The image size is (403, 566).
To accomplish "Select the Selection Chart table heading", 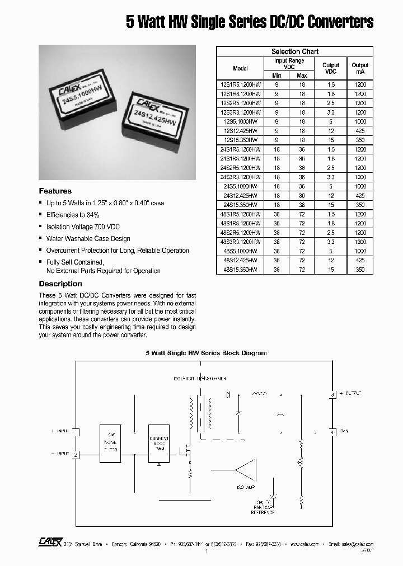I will click(295, 51).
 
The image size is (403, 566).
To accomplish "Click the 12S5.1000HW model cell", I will click(240, 121).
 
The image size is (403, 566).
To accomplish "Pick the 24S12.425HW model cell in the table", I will click(240, 196).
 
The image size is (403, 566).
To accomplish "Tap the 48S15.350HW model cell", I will click(240, 270).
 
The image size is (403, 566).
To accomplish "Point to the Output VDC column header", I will click(331, 68).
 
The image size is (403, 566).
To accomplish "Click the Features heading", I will click(55, 191).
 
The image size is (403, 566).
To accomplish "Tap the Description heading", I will click(60, 284).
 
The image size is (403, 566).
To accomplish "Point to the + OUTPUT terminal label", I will click(351, 394).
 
